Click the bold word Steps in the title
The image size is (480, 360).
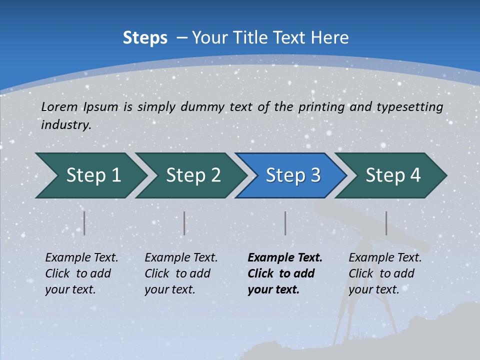pos(145,38)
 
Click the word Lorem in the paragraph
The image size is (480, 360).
pos(59,106)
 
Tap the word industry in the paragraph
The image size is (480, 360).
pos(65,124)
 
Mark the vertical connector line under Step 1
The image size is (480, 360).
pos(84,223)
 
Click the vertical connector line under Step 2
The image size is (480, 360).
pos(184,223)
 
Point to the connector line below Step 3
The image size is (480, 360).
pos(285,223)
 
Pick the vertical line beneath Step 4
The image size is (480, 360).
pos(386,223)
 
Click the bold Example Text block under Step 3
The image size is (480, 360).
pos(285,273)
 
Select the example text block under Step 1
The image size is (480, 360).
pos(81,273)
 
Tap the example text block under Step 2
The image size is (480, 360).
pos(181,273)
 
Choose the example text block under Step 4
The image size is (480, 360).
pos(385,273)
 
